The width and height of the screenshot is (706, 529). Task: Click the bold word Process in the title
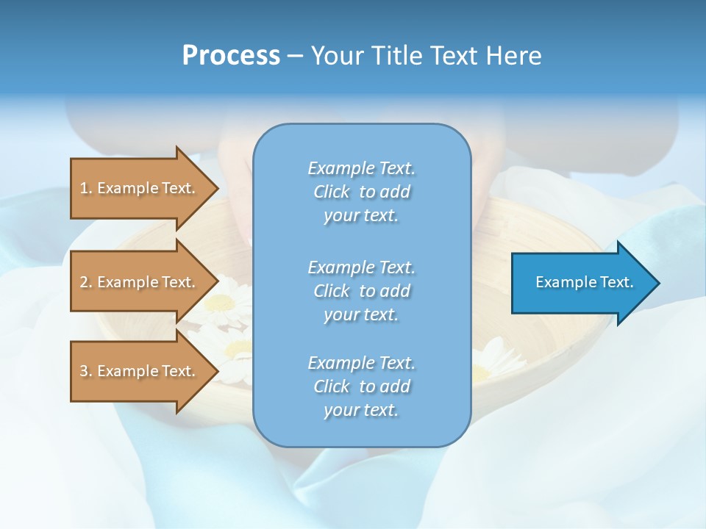[x=231, y=56]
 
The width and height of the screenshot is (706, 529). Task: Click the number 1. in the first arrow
[x=86, y=188]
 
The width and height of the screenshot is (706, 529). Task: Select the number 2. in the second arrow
[x=86, y=282]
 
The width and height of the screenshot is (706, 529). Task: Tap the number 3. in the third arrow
[x=86, y=371]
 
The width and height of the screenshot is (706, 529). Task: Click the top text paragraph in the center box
[x=361, y=192]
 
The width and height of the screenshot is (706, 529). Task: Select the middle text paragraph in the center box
[x=361, y=291]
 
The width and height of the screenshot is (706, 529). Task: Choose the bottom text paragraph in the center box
[x=361, y=386]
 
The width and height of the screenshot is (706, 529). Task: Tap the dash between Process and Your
[x=295, y=56]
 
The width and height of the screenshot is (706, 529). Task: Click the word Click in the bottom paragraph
[x=332, y=386]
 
